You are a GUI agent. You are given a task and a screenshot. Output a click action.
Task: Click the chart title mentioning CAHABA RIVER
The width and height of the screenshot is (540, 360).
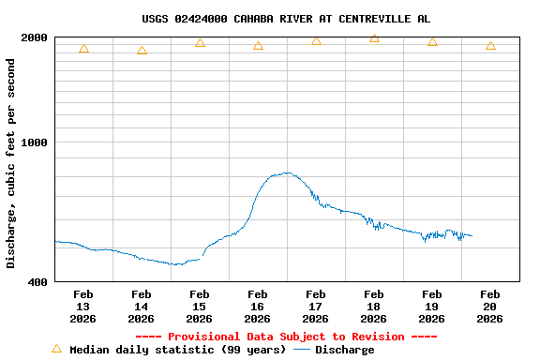[286, 19]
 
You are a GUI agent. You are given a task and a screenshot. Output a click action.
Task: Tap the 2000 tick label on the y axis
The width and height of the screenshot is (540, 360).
[35, 37]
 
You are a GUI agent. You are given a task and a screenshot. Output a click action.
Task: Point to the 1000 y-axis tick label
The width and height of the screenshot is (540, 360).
[35, 142]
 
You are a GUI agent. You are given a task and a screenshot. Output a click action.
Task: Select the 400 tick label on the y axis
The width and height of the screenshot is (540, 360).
[38, 281]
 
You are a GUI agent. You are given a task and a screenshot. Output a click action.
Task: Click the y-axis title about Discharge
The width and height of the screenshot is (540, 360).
[11, 163]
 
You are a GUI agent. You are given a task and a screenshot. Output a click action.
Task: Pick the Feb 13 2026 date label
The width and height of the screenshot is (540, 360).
[82, 307]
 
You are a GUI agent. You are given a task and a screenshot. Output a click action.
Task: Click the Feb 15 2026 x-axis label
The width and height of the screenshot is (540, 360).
[199, 307]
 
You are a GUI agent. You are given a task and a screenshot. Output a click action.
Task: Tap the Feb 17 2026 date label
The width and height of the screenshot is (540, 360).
[315, 307]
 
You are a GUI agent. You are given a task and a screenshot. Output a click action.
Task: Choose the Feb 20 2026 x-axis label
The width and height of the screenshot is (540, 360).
[489, 307]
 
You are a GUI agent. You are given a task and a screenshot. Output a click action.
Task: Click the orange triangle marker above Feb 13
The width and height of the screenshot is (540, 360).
[83, 48]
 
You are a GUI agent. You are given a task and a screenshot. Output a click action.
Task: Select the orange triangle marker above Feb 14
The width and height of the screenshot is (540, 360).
[142, 51]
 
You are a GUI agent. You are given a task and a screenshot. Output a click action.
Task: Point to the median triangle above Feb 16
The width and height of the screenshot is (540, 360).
[258, 45]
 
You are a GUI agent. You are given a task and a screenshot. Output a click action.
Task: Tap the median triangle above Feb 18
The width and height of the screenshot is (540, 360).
[374, 38]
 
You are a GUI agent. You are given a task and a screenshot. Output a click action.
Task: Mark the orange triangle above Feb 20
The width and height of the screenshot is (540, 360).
[490, 45]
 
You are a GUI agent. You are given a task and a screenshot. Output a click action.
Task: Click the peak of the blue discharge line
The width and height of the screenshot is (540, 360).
[287, 172]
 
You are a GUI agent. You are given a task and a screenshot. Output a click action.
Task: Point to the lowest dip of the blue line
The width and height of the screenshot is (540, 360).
[175, 264]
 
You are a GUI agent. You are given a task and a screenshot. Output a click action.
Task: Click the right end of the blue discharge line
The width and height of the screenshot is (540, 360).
[472, 235]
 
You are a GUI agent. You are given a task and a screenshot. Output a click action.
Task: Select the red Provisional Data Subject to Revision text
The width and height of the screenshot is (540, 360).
[286, 337]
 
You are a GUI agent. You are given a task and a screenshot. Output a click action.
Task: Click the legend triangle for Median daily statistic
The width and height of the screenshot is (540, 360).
[56, 349]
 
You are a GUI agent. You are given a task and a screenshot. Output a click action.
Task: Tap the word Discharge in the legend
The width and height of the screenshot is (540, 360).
[344, 350]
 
